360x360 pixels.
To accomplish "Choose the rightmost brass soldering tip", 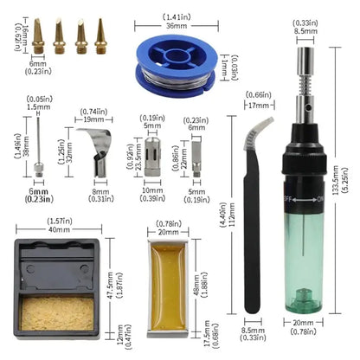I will coord(101,36).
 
